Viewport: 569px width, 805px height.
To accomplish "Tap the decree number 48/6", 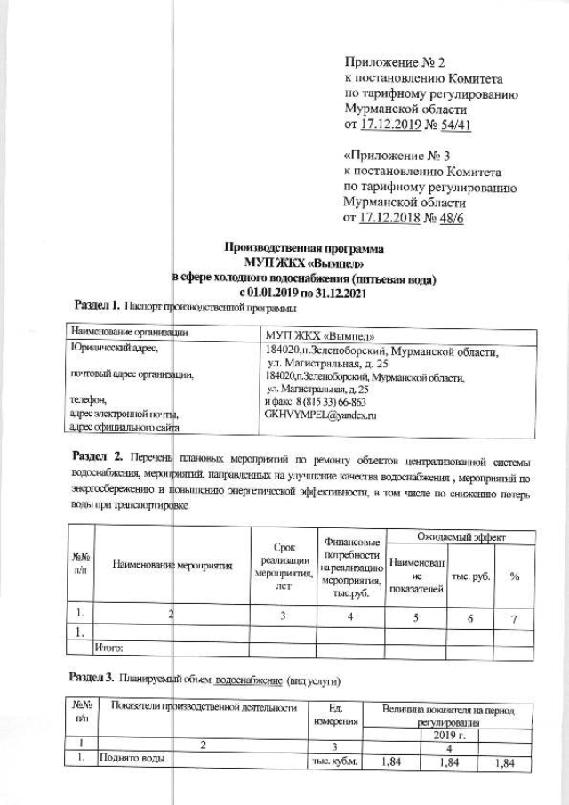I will (447, 218).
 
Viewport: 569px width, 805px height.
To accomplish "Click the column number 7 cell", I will (514, 617).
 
